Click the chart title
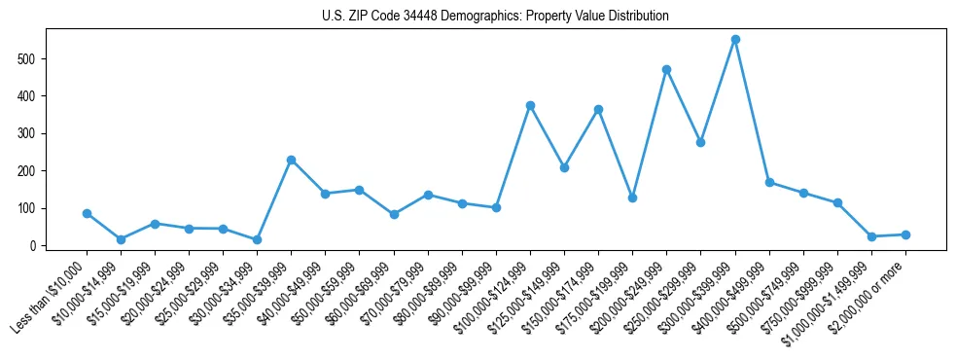point(495,16)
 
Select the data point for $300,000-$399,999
point(735,40)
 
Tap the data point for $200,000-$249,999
point(666,69)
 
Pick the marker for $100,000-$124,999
point(530,105)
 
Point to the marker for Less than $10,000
point(87,213)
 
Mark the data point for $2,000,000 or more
point(905,234)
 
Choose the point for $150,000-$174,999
point(598,109)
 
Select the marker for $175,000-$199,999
point(632,198)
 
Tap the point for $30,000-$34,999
point(257,239)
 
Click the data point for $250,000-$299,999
point(700,142)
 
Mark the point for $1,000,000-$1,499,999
point(871,236)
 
